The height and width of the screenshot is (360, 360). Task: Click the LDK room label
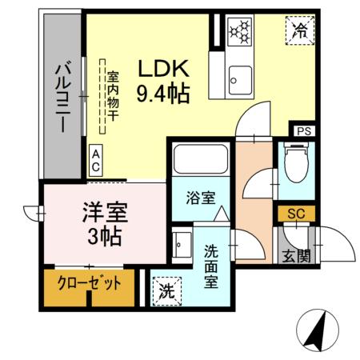click(x=165, y=67)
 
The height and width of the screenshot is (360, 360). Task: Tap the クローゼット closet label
click(x=89, y=283)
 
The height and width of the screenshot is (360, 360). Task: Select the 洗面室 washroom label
click(x=211, y=266)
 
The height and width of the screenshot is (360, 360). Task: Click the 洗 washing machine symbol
click(x=166, y=289)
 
